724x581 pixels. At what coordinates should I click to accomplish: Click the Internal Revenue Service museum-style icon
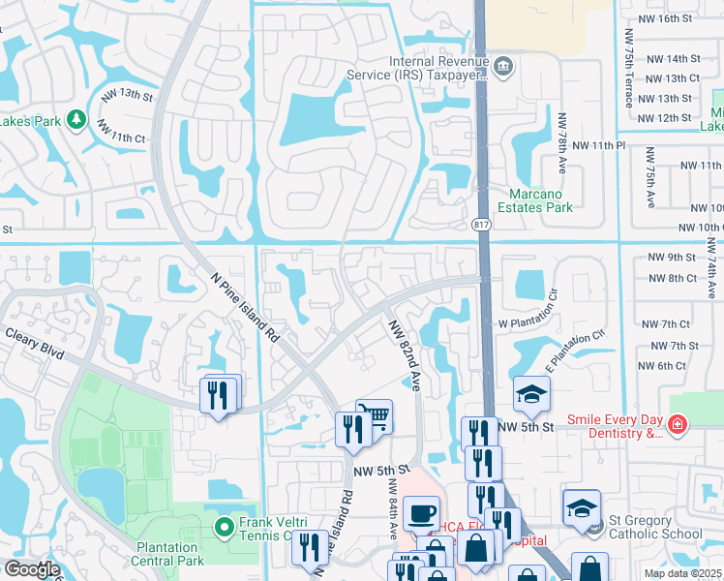point(503,66)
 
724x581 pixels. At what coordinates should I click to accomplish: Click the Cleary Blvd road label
point(34,344)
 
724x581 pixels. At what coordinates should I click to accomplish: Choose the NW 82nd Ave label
point(405,355)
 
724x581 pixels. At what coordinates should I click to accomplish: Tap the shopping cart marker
point(375,416)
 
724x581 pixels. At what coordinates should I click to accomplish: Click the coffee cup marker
point(421,512)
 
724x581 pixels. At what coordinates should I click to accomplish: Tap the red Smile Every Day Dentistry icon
point(677,423)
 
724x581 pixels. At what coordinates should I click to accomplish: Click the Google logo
point(32,569)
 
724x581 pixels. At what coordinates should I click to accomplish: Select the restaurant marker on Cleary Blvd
point(218,394)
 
